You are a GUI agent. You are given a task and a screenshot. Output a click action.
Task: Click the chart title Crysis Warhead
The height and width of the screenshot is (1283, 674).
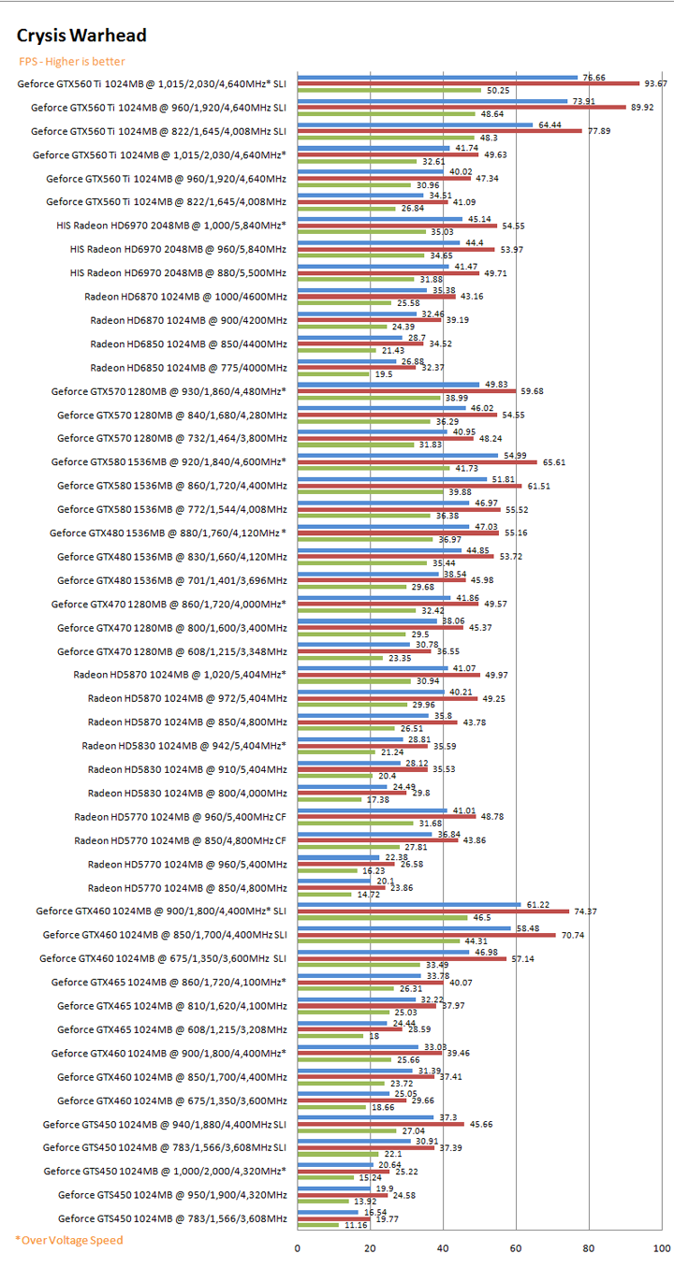pyautogui.click(x=81, y=36)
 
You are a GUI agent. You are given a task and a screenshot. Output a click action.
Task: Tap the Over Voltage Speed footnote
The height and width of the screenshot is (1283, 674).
pyautogui.click(x=68, y=1240)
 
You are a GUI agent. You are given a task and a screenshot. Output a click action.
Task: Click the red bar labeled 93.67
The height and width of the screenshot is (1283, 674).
pyautogui.click(x=468, y=83)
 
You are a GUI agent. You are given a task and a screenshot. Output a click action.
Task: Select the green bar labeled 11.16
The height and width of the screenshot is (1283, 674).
pyautogui.click(x=318, y=1224)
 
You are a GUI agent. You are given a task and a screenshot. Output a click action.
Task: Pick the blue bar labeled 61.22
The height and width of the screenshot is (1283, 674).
pyautogui.click(x=409, y=904)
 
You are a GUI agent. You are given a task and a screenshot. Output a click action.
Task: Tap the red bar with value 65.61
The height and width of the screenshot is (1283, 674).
pyautogui.click(x=417, y=461)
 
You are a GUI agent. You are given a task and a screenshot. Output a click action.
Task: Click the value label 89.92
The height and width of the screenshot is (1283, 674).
pyautogui.click(x=641, y=107)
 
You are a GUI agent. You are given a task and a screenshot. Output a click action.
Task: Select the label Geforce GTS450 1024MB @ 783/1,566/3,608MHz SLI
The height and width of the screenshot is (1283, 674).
pyautogui.click(x=165, y=1146)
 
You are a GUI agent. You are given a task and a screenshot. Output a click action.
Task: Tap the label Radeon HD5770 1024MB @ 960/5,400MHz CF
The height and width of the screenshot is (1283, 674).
pyautogui.click(x=180, y=817)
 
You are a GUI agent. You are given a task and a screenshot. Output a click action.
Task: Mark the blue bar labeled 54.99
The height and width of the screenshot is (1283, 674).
pyautogui.click(x=398, y=455)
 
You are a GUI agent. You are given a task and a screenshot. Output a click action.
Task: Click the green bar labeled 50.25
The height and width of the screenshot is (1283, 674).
pyautogui.click(x=389, y=90)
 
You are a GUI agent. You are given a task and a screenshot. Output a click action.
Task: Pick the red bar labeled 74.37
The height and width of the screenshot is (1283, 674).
pyautogui.click(x=432, y=911)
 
